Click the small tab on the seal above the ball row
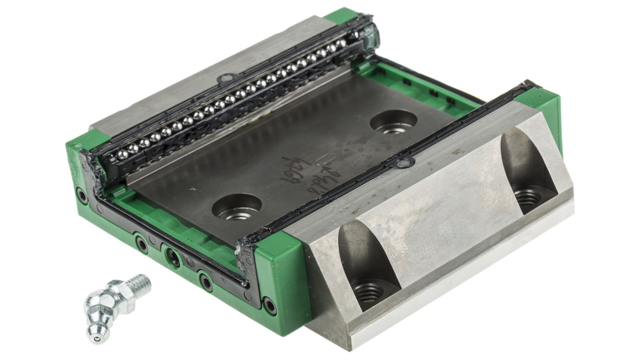pyautogui.click(x=224, y=79)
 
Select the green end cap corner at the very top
pyautogui.click(x=341, y=16)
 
